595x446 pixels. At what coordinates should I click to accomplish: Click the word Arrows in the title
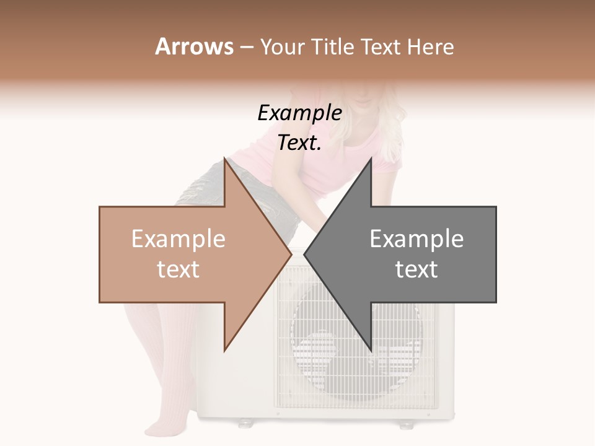coord(194,46)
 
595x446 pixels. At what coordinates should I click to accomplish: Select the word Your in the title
coord(281,47)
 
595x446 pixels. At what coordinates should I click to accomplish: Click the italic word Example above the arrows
coord(299,113)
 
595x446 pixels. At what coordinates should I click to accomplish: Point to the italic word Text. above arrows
coord(299,142)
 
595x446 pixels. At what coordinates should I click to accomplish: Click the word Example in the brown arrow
coord(178,239)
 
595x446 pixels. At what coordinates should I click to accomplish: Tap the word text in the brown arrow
coord(178,269)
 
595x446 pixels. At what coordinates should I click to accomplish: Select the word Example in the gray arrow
coord(416,239)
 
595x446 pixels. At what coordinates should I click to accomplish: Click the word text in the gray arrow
coord(416,269)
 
